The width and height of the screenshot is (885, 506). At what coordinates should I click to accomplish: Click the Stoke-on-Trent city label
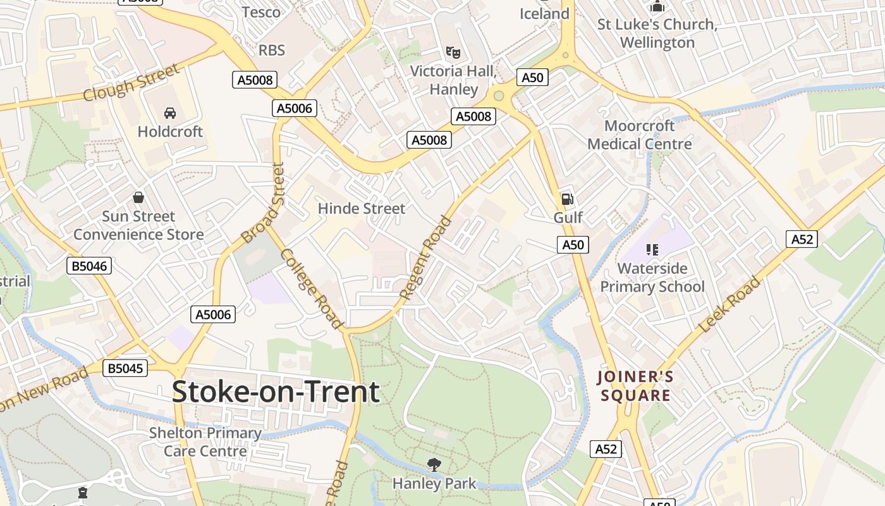276,392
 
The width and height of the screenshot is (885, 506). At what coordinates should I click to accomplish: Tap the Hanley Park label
434,484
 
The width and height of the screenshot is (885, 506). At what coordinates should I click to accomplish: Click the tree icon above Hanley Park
434,465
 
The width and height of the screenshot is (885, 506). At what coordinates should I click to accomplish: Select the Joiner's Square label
635,386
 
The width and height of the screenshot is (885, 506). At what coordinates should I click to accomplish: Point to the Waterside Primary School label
652,278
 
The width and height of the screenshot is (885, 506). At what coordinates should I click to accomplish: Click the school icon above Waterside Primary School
652,250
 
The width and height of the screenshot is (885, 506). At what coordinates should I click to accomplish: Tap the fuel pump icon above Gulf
567,199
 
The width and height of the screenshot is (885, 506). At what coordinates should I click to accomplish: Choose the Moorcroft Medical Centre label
640,135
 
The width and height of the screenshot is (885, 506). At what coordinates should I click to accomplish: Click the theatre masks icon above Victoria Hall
453,52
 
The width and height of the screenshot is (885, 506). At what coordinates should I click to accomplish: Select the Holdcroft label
170,132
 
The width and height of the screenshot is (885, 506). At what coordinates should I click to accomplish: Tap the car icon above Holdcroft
169,113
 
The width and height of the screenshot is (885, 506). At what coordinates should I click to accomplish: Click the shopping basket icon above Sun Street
138,197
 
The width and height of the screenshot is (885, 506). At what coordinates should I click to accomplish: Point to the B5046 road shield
89,266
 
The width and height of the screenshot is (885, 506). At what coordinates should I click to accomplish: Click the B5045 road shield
125,368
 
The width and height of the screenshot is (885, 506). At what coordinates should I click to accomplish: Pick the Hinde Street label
362,208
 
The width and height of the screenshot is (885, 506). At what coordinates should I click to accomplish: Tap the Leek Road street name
729,305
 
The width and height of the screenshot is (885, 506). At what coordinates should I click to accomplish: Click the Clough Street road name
131,83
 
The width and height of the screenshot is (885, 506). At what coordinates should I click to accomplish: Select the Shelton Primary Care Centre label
205,442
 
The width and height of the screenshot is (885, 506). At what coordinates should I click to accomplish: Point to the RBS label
272,50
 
